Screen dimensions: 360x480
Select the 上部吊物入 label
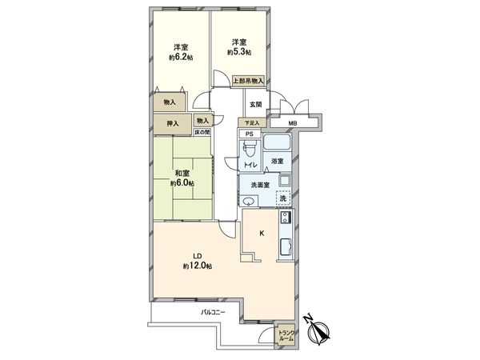click(248, 81)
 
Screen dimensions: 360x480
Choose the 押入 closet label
click(172, 123)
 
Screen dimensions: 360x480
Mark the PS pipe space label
click(250, 134)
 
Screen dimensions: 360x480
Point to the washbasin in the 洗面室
click(248, 201)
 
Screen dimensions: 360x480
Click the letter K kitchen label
click(262, 233)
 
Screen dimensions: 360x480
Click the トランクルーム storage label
click(286, 336)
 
